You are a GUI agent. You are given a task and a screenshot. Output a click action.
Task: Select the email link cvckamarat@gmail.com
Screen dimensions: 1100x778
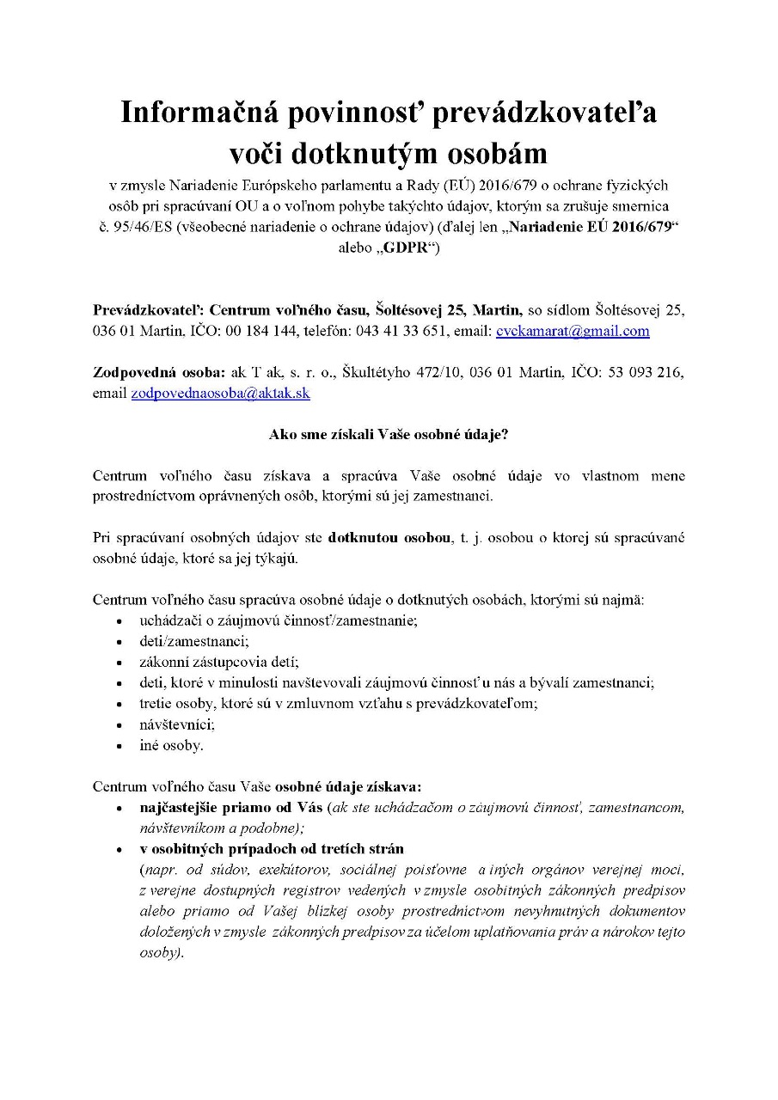(573, 331)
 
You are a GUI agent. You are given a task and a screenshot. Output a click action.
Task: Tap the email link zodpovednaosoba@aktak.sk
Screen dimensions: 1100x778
(220, 393)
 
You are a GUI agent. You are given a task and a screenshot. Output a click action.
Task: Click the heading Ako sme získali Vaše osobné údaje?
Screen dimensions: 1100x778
(389, 434)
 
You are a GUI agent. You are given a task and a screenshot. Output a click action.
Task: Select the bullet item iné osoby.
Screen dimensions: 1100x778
(171, 745)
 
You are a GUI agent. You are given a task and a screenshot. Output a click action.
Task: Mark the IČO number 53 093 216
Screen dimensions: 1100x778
(645, 372)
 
